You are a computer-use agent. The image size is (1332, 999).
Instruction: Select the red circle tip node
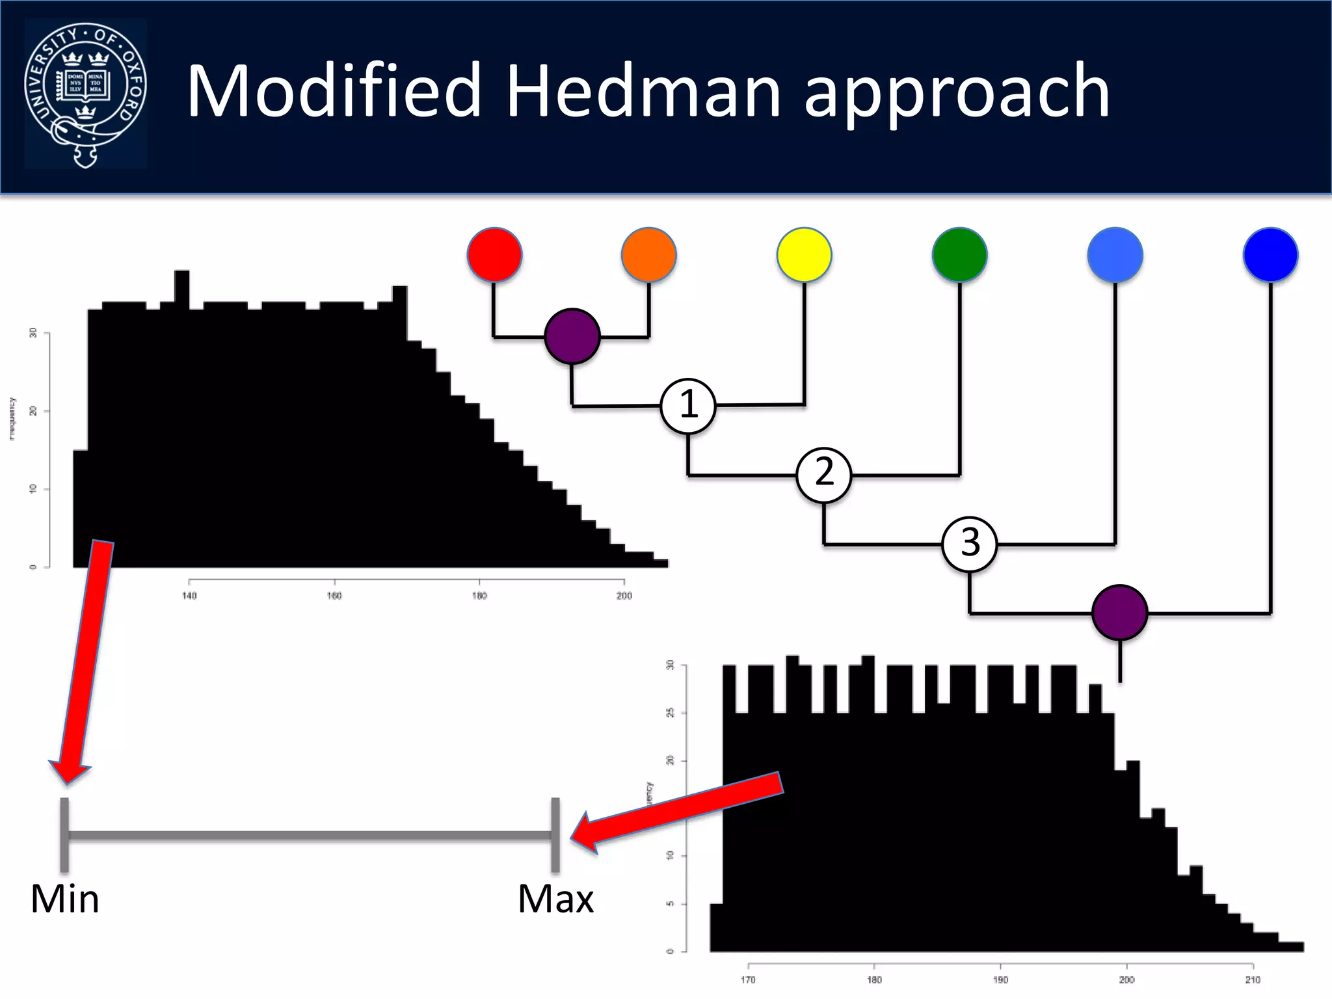494,254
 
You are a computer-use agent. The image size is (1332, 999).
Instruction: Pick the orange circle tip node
648,254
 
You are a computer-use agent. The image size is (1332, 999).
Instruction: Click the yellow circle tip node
804,254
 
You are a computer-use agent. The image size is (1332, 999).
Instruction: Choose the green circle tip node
959,254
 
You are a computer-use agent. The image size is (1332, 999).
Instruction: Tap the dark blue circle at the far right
1270,254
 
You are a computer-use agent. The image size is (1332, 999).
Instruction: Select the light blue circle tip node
1115,254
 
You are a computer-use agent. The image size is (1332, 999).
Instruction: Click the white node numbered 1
688,406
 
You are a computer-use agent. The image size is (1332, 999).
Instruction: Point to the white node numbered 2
824,475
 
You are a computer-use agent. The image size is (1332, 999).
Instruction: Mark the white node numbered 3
969,544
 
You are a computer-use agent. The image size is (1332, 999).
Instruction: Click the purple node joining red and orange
572,336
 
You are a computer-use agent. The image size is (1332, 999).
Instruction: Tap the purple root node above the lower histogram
1119,613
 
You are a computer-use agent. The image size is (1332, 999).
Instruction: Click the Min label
64,899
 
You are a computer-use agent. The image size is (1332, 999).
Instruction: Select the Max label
555,899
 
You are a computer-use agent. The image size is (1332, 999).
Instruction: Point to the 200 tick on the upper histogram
624,595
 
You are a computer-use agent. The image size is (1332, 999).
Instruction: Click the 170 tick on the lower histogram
748,979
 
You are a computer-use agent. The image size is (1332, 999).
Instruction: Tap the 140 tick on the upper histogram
189,595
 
